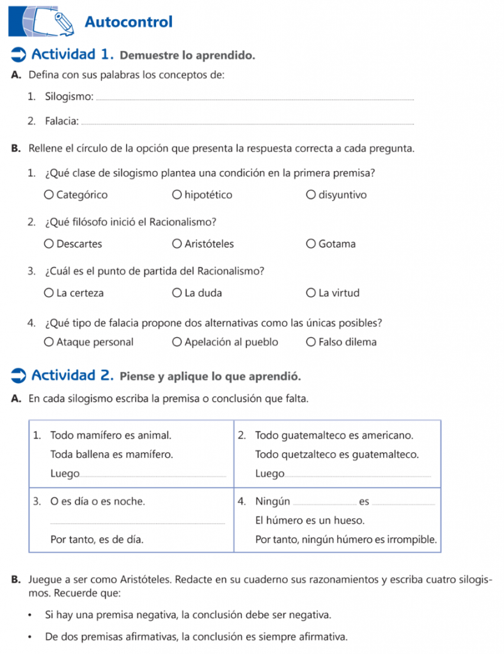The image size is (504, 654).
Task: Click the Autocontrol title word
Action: (129, 22)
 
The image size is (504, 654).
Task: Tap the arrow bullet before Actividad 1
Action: (19, 55)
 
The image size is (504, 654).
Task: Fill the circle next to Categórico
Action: (49, 195)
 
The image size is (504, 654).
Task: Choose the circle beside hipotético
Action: (177, 195)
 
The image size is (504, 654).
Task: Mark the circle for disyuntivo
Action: (311, 195)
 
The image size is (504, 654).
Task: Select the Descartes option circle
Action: (49, 243)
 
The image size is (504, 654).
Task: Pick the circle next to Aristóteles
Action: (177, 243)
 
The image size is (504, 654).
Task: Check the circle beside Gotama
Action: (311, 243)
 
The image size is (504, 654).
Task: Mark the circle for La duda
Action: (177, 293)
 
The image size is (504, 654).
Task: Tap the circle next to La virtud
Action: (311, 293)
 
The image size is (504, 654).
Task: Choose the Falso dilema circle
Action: (311, 342)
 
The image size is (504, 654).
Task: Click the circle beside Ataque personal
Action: (49, 342)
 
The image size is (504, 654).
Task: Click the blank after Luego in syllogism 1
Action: (154, 476)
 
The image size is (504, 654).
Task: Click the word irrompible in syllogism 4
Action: (411, 540)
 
